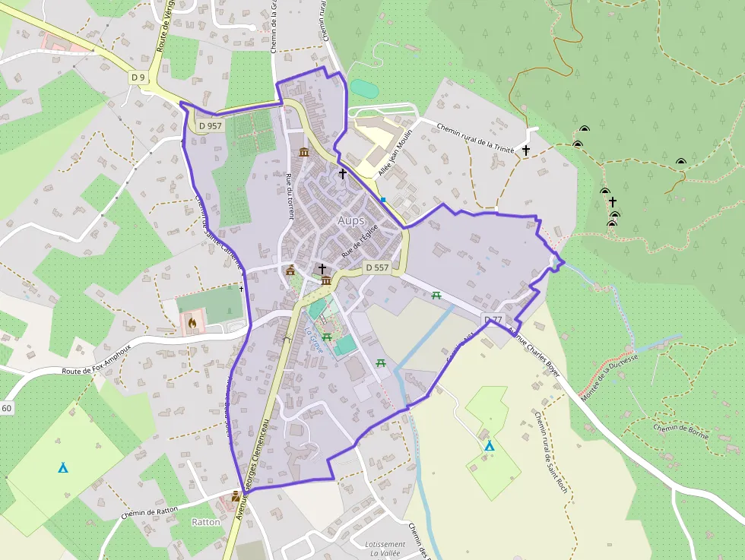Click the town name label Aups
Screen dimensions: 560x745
tap(351, 220)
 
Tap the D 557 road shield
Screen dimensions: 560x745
tap(377, 267)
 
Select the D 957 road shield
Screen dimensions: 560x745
tap(210, 125)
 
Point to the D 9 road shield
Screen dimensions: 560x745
tap(138, 77)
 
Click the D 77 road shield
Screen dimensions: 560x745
tap(493, 319)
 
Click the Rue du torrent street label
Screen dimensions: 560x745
tap(289, 196)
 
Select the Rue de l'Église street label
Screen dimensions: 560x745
tap(360, 242)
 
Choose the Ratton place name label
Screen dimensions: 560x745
tap(206, 522)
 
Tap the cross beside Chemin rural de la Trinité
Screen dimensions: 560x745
tap(525, 150)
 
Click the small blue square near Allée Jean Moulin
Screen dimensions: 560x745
tap(384, 200)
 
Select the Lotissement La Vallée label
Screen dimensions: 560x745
tap(385, 549)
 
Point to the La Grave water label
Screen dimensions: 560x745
tap(315, 335)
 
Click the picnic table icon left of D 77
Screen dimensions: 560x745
tap(436, 296)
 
